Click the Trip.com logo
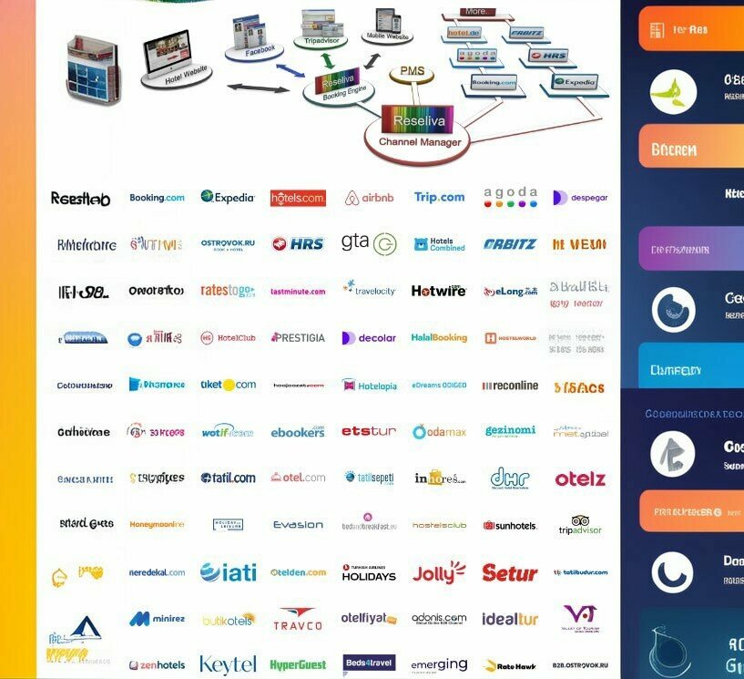[439, 197]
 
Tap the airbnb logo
[369, 198]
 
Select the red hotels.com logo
[298, 198]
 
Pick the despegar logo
[580, 198]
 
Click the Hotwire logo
[438, 292]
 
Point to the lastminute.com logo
[298, 292]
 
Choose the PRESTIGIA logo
[298, 338]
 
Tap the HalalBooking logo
[439, 338]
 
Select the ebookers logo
[298, 431]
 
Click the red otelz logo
[580, 478]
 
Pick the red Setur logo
[509, 573]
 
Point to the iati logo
[228, 572]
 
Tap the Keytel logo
[228, 664]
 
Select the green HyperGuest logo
[298, 665]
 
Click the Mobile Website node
[387, 27]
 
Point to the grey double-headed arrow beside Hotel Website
[258, 87]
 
